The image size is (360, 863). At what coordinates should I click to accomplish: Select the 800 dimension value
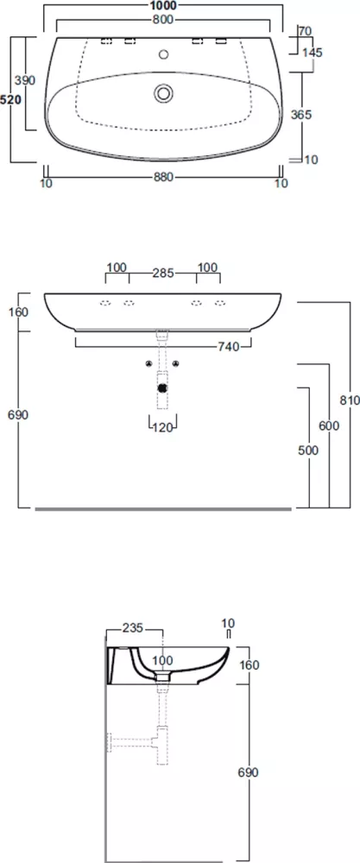[x=163, y=21]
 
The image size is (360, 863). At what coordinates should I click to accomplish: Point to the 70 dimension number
[x=305, y=31]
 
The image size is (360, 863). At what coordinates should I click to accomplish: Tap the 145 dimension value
[x=313, y=53]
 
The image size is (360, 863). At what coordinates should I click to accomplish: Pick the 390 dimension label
[x=25, y=80]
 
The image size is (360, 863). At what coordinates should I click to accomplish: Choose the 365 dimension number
[x=301, y=115]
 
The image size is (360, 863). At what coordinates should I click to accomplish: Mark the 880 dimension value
[x=163, y=177]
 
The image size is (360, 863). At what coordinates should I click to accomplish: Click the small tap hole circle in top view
[x=163, y=54]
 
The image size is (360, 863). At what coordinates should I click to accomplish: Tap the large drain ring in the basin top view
[x=163, y=92]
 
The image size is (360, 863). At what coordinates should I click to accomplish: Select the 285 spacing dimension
[x=163, y=273]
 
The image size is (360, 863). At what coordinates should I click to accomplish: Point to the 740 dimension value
[x=229, y=346]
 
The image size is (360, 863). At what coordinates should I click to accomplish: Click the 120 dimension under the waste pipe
[x=163, y=426]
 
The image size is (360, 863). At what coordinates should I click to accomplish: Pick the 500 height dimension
[x=309, y=450]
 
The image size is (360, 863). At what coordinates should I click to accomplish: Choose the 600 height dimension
[x=329, y=425]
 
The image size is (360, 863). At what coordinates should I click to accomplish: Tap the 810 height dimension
[x=350, y=400]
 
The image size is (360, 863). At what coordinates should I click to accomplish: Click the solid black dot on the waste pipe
[x=162, y=387]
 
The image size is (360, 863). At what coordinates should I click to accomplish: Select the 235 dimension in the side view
[x=132, y=627]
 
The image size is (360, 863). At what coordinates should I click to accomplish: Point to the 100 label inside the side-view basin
[x=163, y=660]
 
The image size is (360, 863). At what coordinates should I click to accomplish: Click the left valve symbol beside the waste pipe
[x=148, y=363]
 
